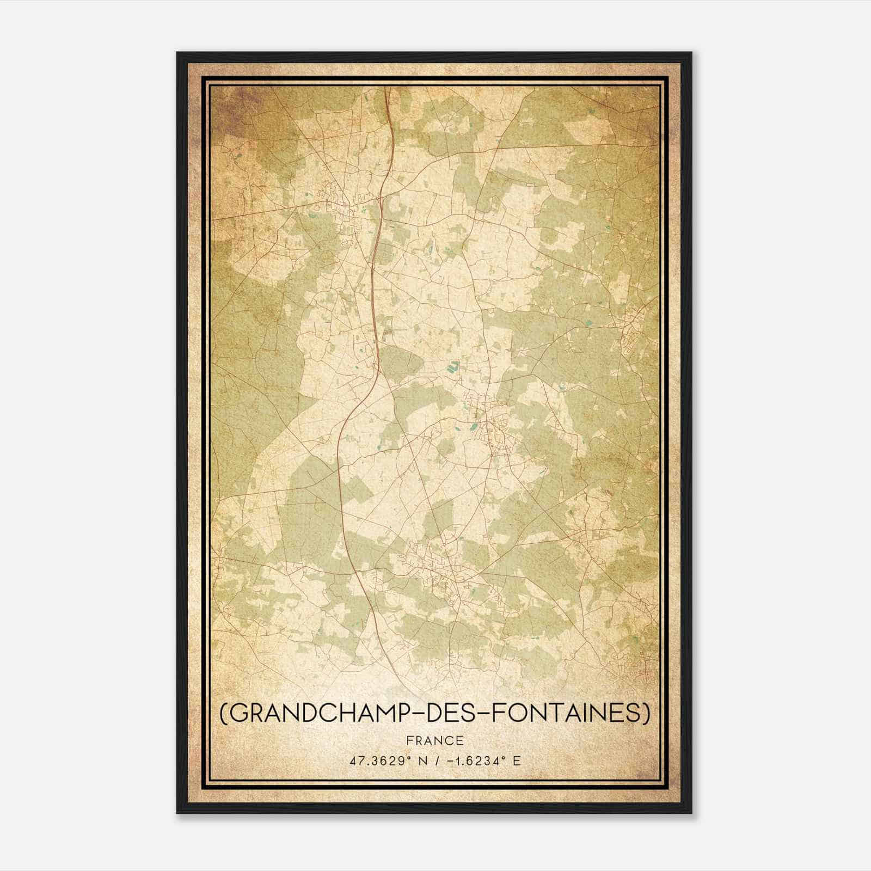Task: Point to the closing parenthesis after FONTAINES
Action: coord(646,714)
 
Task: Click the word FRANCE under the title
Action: coord(434,741)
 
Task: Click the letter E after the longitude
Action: coord(517,760)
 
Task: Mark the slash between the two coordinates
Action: coord(434,760)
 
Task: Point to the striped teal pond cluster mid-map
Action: coord(452,367)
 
